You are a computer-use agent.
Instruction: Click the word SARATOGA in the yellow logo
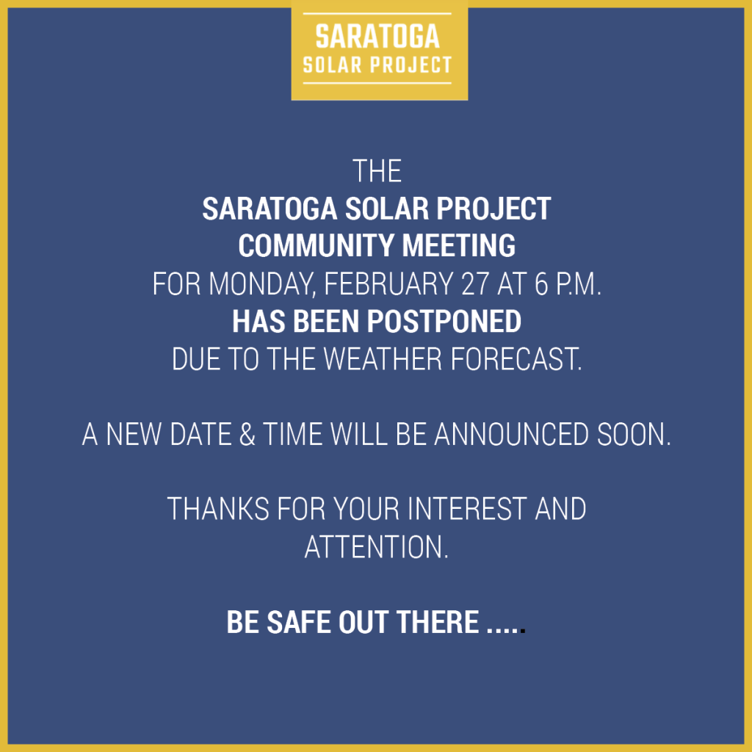click(x=377, y=37)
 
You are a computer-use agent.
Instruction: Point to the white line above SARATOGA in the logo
click(x=377, y=13)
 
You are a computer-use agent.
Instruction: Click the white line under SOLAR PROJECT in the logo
click(x=377, y=83)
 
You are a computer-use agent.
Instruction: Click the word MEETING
click(x=458, y=245)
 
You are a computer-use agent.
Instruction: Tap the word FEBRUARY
click(x=388, y=284)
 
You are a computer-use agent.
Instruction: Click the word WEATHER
click(x=383, y=358)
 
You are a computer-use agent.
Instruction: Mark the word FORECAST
click(x=516, y=358)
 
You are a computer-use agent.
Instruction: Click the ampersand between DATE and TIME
click(x=247, y=434)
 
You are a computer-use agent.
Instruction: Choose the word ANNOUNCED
click(x=511, y=434)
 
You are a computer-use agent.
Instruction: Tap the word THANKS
click(x=217, y=509)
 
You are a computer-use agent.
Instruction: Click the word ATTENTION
click(x=377, y=546)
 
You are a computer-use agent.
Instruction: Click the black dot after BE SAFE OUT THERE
click(x=523, y=631)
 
